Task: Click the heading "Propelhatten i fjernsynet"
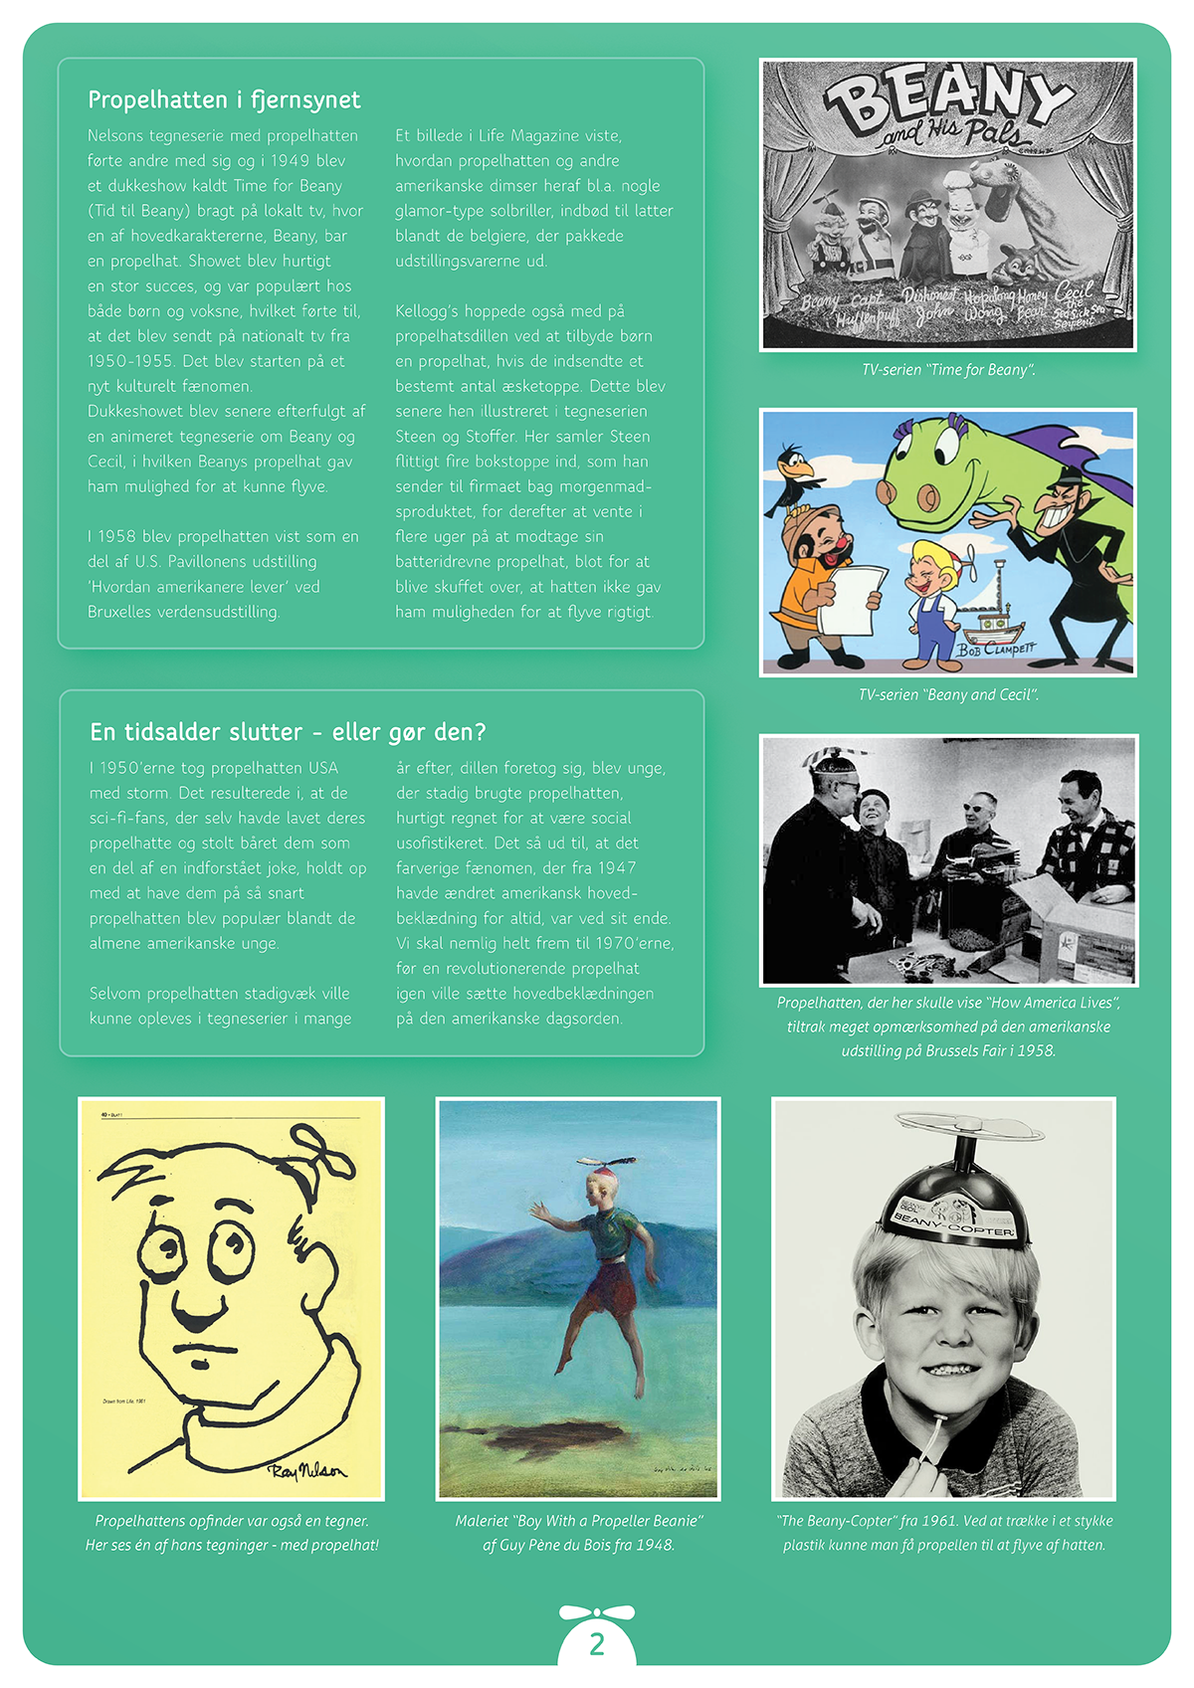click(224, 99)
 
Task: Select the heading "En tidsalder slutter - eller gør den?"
click(288, 732)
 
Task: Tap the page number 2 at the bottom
click(597, 1643)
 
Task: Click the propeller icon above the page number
click(597, 1611)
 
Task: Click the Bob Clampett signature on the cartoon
click(995, 650)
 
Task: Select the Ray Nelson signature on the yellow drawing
click(307, 1471)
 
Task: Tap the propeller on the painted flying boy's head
click(607, 1162)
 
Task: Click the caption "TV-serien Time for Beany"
click(948, 370)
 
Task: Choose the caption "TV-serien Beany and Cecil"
click(948, 694)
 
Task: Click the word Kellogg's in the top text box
click(428, 311)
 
